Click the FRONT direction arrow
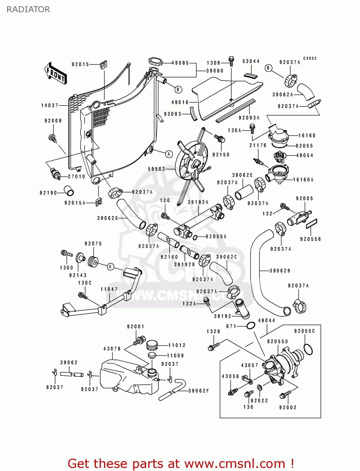56,73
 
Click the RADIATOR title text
28,9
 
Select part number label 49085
180,63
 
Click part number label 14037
50,106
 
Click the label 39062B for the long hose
280,271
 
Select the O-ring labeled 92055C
308,349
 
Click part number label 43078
112,349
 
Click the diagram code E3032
310,58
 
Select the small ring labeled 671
250,326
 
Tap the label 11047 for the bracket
109,289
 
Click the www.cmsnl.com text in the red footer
234,463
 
